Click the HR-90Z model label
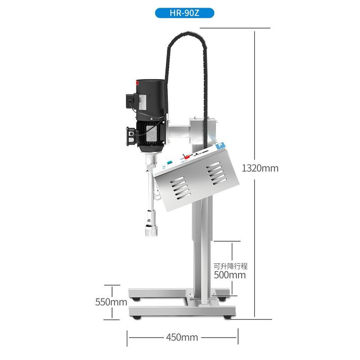click(184, 13)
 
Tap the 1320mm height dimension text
click(260, 168)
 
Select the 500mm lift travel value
click(230, 275)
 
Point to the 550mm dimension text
click(111, 302)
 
